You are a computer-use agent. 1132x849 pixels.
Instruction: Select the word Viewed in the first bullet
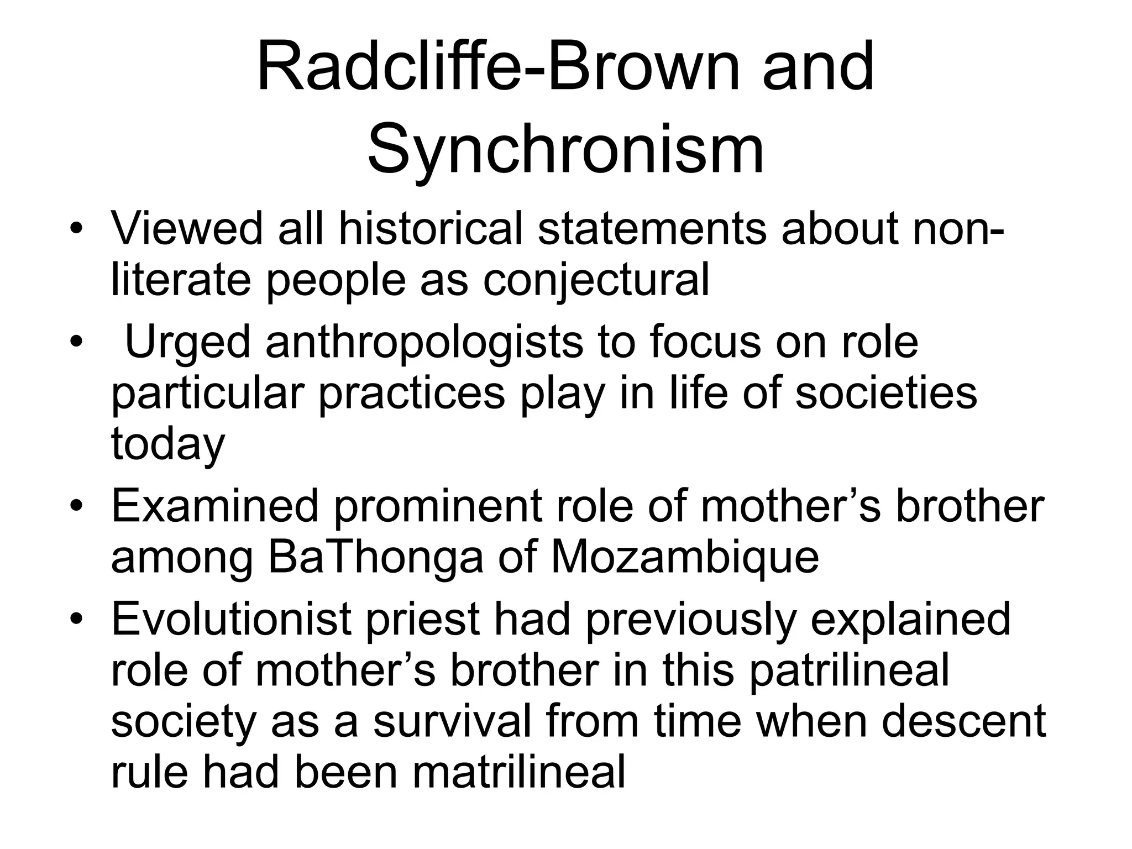click(187, 228)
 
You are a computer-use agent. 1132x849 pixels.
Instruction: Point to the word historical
click(431, 228)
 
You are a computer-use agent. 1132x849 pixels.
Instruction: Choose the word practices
click(412, 395)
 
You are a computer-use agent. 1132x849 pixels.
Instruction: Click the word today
click(168, 446)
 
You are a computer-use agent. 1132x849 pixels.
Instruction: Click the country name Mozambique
click(685, 557)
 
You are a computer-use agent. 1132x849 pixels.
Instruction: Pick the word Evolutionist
click(232, 619)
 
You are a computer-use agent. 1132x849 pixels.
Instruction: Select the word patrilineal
click(849, 670)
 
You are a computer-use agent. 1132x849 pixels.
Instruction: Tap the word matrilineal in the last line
click(519, 772)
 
